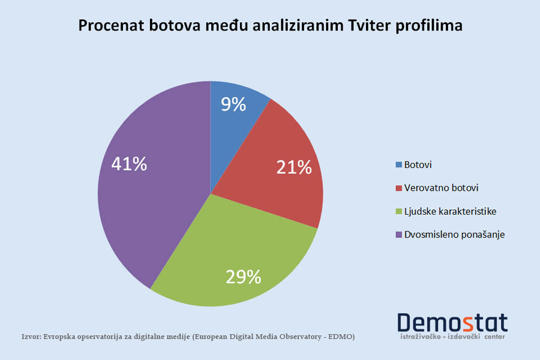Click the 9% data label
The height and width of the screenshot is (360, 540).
click(233, 104)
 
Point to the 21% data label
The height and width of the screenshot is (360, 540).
click(294, 167)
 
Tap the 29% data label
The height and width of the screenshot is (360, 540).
click(243, 277)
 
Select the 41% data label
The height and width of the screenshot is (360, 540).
click(130, 164)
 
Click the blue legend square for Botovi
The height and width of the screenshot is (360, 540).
click(399, 164)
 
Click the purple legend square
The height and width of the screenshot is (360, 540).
click(399, 235)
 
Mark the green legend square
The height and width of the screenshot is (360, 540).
click(399, 211)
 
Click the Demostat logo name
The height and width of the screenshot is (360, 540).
click(452, 322)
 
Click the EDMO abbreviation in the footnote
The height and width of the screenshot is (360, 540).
click(339, 337)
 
